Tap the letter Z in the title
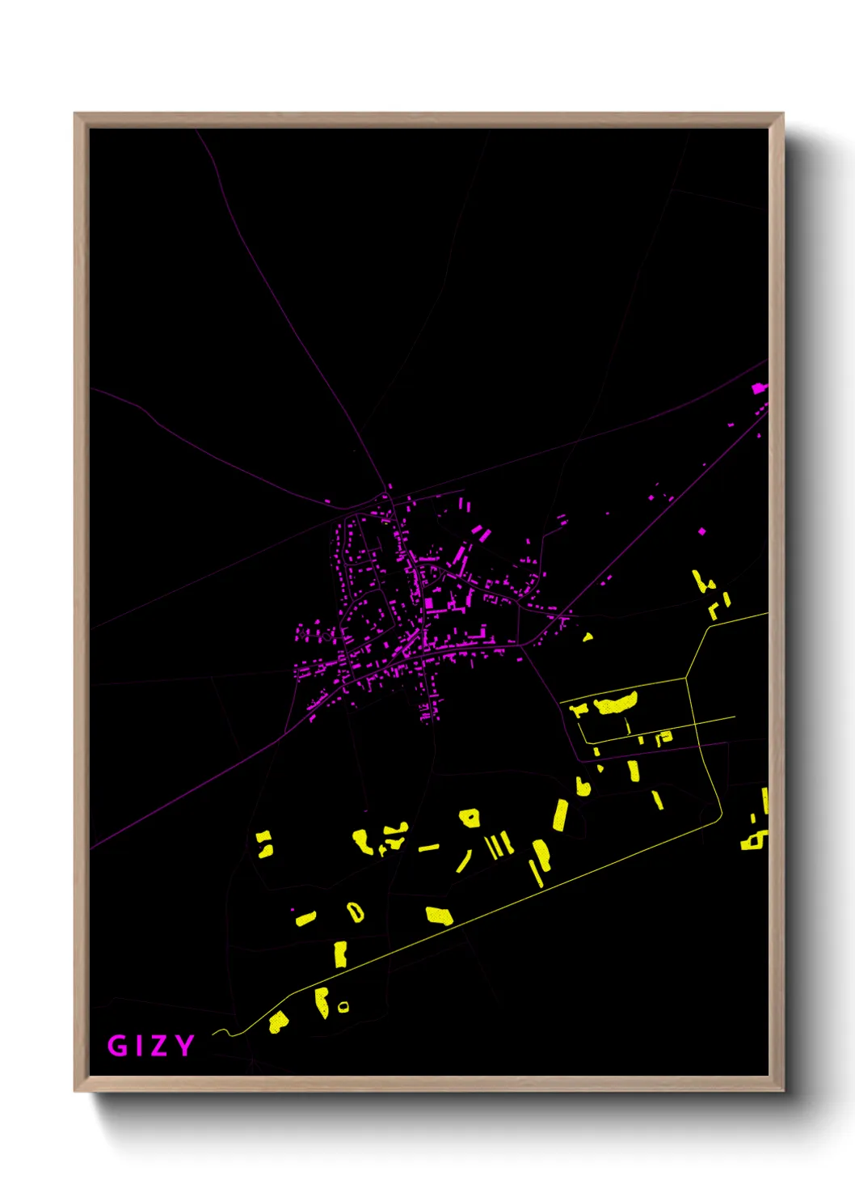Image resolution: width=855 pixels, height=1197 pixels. (x=161, y=1045)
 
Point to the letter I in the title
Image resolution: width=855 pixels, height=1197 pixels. (x=141, y=1045)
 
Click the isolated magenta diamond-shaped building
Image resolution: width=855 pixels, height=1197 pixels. (x=701, y=531)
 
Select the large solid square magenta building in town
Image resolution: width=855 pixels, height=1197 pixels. (x=428, y=603)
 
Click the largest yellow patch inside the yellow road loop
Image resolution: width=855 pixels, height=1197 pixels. (x=616, y=703)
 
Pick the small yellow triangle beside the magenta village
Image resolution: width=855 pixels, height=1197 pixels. (x=588, y=637)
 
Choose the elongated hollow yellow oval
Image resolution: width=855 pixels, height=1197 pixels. (x=355, y=912)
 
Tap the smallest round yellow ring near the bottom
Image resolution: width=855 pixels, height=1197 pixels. (x=343, y=1007)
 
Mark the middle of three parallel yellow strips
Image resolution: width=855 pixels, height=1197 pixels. (x=498, y=844)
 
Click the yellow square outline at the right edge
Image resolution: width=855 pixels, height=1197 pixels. (x=753, y=841)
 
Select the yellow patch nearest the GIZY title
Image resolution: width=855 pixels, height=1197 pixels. (x=278, y=1022)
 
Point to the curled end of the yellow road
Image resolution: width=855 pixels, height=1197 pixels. (x=218, y=1032)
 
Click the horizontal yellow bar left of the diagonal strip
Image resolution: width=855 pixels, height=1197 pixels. (x=428, y=848)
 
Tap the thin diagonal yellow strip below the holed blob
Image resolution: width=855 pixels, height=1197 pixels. (x=464, y=861)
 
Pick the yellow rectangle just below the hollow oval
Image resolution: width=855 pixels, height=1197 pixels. (x=340, y=954)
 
